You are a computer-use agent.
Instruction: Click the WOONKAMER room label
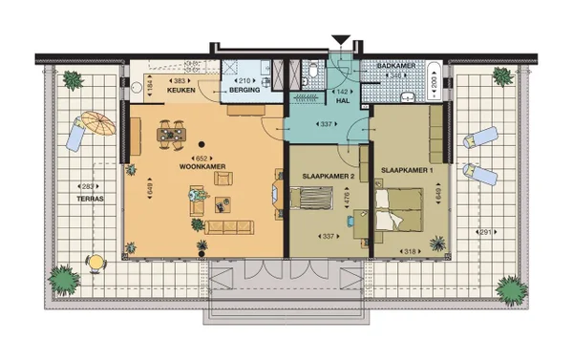pyautogui.click(x=201, y=166)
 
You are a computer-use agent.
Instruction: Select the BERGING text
pyautogui.click(x=244, y=94)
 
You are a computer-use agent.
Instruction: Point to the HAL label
pyautogui.click(x=341, y=99)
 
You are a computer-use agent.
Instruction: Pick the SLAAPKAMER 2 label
pyautogui.click(x=322, y=177)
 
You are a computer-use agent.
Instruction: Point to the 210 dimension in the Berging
pyautogui.click(x=244, y=81)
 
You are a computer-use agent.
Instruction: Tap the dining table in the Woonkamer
pyautogui.click(x=172, y=135)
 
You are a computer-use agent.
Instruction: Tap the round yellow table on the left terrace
pyautogui.click(x=96, y=261)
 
